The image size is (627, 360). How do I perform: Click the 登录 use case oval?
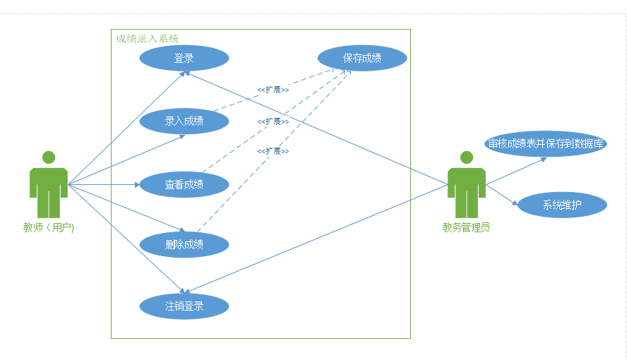click(x=184, y=58)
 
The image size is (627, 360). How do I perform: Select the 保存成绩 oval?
click(x=362, y=58)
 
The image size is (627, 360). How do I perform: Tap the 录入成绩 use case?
click(x=184, y=121)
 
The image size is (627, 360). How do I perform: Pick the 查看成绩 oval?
click(x=184, y=184)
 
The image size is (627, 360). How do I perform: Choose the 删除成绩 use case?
click(x=184, y=244)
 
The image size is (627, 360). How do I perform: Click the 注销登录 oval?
click(x=184, y=306)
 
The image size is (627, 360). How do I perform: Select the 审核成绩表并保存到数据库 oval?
click(x=547, y=143)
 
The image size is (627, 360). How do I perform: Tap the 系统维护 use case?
click(x=562, y=205)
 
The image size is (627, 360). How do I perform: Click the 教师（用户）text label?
click(x=49, y=227)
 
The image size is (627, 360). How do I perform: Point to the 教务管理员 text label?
click(x=466, y=227)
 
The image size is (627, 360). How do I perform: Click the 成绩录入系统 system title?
click(x=148, y=38)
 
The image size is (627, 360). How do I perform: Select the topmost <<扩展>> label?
click(x=273, y=90)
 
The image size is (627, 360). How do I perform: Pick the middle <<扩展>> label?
click(x=273, y=121)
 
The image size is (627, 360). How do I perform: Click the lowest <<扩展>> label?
click(x=273, y=151)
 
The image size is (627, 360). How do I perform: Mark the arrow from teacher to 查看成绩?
click(x=106, y=185)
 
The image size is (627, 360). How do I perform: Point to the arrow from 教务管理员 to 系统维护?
click(x=502, y=196)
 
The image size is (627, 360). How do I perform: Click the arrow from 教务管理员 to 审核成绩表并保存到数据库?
click(x=515, y=170)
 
